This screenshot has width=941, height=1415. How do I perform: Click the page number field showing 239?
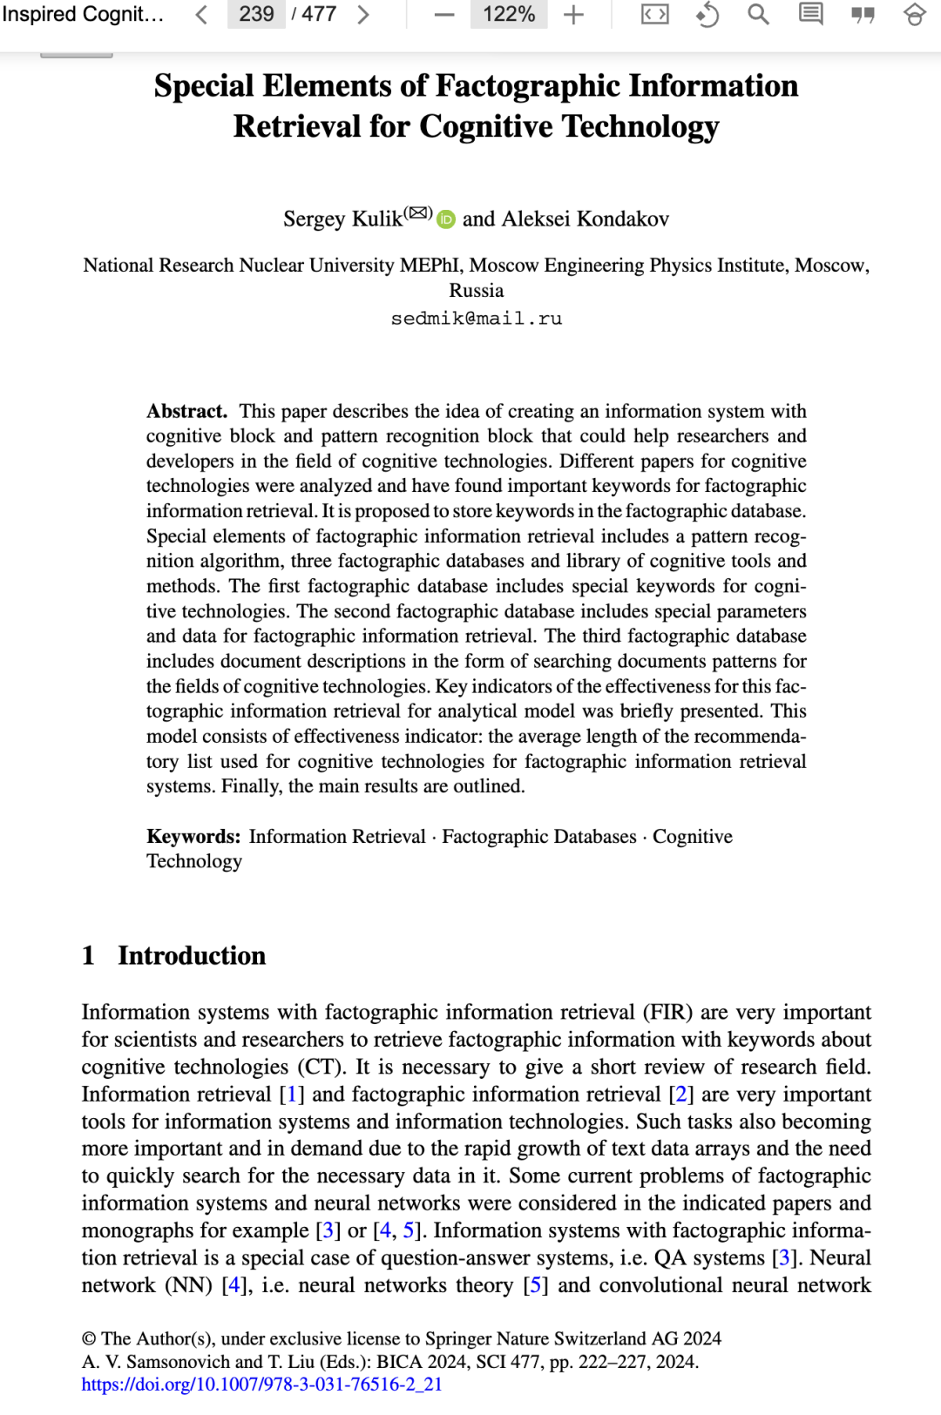256,14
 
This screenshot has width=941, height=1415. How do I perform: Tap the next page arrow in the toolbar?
363,14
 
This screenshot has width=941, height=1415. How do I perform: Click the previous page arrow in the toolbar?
201,14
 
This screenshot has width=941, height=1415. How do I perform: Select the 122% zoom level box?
509,14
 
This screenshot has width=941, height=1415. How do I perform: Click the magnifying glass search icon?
759,14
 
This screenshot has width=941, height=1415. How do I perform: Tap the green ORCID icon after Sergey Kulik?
446,219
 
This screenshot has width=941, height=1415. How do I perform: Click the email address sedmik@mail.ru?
477,319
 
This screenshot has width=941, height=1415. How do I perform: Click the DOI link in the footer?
262,1385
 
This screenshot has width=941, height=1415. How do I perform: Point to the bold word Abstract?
186,411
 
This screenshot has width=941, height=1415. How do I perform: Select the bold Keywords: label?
193,837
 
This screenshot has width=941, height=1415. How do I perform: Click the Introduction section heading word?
192,956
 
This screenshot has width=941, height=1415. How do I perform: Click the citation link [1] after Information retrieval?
292,1095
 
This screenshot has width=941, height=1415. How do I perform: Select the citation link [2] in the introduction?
681,1095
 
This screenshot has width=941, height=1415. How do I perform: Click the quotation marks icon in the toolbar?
863,14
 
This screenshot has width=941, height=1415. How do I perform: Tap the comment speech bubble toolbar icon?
811,14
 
